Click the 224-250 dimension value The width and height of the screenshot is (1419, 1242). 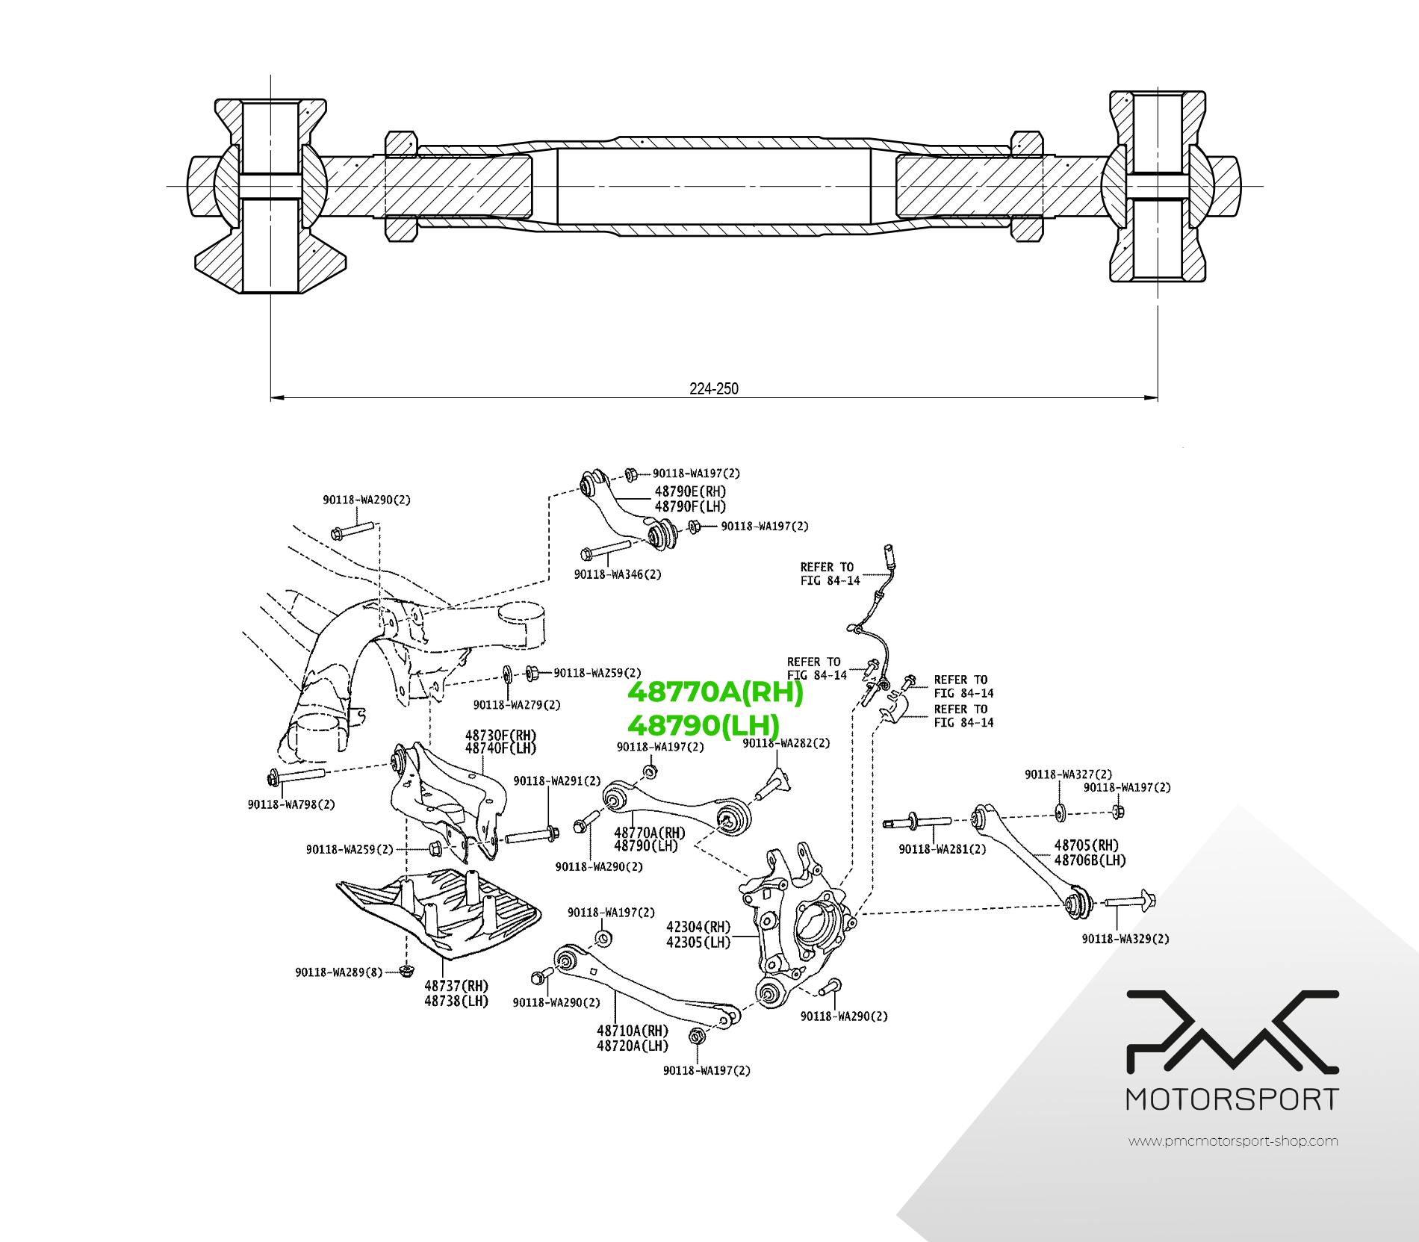pos(713,388)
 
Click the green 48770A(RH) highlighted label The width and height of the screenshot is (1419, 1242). pos(715,692)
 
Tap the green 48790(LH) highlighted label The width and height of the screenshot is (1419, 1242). pos(704,725)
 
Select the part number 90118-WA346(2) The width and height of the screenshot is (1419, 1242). pos(617,574)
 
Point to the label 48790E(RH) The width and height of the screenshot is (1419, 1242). pos(690,491)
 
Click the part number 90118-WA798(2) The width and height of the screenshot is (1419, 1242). pos(291,804)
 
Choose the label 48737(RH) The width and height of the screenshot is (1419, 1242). pos(456,986)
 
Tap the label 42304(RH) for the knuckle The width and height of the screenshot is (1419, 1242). pos(698,927)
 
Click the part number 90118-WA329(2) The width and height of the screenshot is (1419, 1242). pos(1125,939)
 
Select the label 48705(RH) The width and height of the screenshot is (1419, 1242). pos(1087,845)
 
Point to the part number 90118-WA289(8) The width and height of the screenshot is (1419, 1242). pos(338,972)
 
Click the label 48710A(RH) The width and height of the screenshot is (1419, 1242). pos(633,1031)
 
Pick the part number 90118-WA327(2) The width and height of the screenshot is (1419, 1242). pos(1068,774)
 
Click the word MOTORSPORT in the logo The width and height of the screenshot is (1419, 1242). pos(1232,1100)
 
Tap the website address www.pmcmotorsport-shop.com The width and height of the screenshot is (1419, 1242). pos(1233,1141)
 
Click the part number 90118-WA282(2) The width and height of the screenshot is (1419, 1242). pos(786,743)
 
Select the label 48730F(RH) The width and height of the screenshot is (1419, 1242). pos(500,736)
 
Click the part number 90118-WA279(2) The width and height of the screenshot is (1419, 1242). pos(517,704)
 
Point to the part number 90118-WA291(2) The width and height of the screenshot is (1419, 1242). pos(556,780)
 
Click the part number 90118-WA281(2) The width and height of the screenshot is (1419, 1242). pos(942,849)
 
